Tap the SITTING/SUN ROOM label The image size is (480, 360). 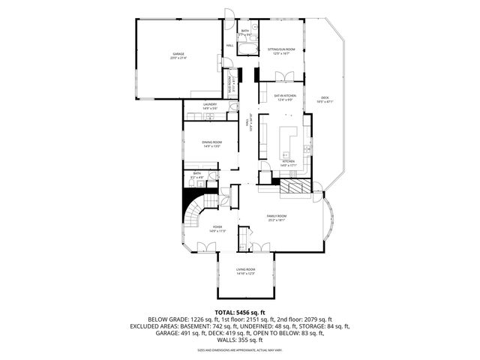(281, 50)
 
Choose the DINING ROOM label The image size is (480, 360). (211, 143)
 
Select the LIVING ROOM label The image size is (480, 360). (246, 271)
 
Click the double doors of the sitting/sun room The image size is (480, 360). (283, 75)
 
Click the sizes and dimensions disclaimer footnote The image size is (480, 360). (240, 350)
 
